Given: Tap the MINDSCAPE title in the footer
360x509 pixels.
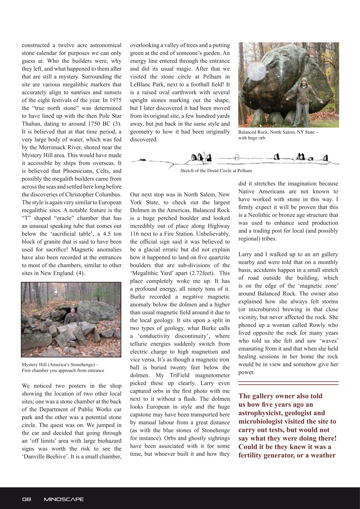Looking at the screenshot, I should point(64,499).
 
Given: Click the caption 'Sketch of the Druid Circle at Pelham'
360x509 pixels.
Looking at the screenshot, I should point(216,171).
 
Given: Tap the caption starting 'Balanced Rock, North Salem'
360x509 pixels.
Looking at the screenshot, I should point(278,132).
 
